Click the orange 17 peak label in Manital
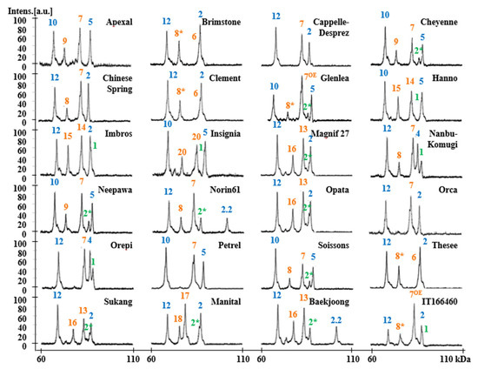point(185,296)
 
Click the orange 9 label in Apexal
point(64,40)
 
